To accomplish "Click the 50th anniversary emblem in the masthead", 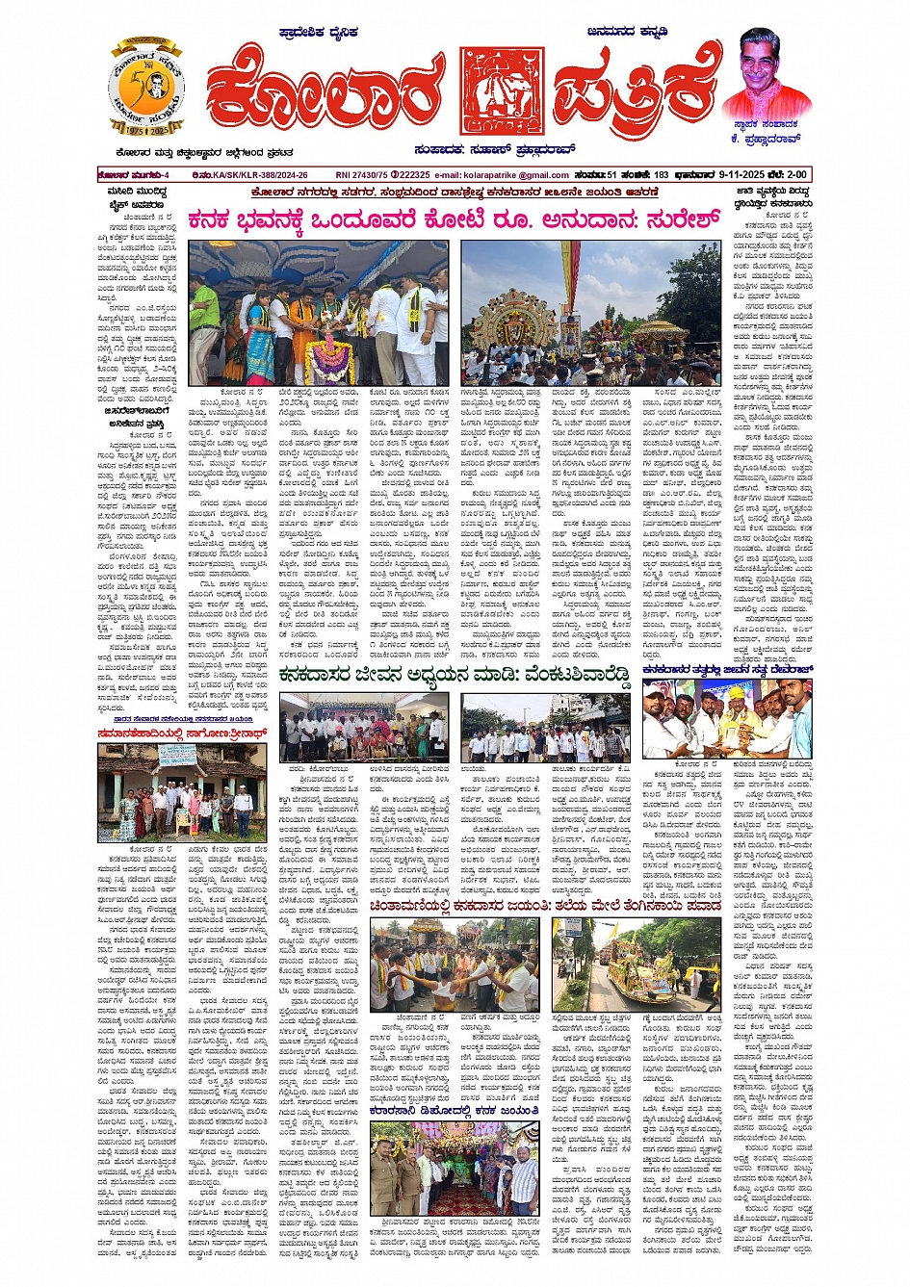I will coord(146,87).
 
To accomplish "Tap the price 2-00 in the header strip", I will coord(796,175).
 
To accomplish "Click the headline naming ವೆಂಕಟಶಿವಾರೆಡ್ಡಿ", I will coord(454,678).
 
